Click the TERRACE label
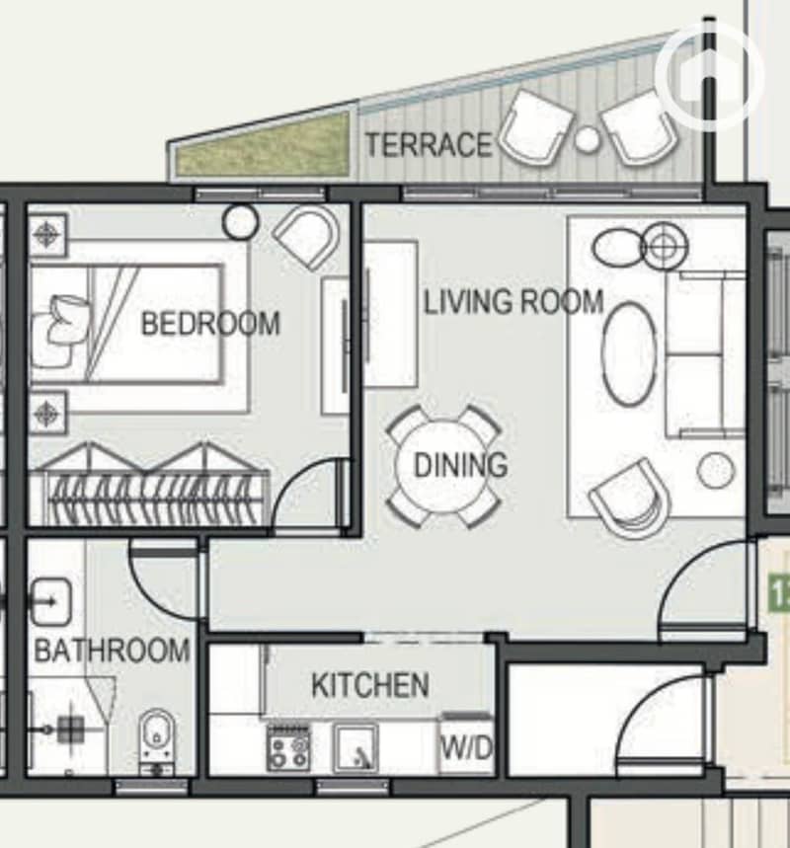pyautogui.click(x=429, y=145)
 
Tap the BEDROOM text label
pyautogui.click(x=210, y=324)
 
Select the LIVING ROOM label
pyautogui.click(x=513, y=302)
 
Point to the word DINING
pyautogui.click(x=460, y=465)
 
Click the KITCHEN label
pyautogui.click(x=370, y=685)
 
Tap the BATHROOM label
pyautogui.click(x=112, y=650)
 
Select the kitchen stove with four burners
pyautogui.click(x=289, y=748)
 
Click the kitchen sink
pyautogui.click(x=355, y=748)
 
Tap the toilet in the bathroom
pyautogui.click(x=156, y=742)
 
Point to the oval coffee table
pyautogui.click(x=629, y=353)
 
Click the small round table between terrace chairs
pyautogui.click(x=587, y=139)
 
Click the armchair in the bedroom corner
pyautogui.click(x=307, y=236)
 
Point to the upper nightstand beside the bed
pyautogui.click(x=47, y=235)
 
